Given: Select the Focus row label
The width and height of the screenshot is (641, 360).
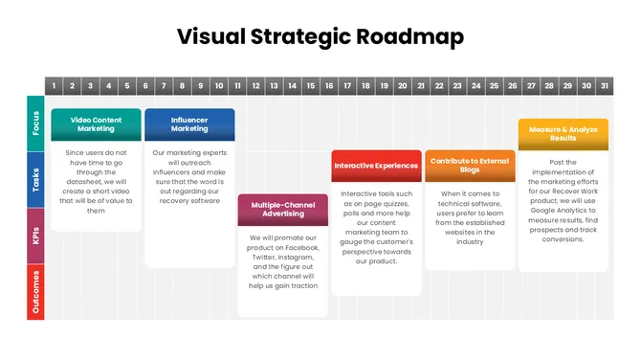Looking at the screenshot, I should [x=35, y=124].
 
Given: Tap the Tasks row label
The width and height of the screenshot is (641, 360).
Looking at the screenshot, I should [x=35, y=180].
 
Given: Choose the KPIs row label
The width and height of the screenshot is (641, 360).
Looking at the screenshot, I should [x=35, y=236].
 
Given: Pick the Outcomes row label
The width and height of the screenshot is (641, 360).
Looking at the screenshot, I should [x=35, y=292].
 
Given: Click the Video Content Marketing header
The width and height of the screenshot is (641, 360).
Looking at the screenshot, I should [x=96, y=124].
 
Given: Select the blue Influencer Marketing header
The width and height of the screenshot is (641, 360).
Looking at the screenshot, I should [x=189, y=124].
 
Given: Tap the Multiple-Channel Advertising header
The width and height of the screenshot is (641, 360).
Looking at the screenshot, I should [x=283, y=210].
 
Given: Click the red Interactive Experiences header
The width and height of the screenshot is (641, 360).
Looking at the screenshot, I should [x=376, y=166].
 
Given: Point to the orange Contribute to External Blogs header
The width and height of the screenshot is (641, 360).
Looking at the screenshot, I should [x=470, y=166].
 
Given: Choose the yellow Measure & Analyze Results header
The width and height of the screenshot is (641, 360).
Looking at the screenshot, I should [x=563, y=133].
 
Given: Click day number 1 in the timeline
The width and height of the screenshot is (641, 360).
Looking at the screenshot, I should [x=54, y=86].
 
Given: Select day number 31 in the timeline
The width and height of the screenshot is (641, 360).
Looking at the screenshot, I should [x=604, y=86].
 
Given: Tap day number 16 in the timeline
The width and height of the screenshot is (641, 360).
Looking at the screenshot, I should [x=329, y=86].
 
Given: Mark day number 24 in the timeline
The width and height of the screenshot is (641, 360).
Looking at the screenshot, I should [x=475, y=86].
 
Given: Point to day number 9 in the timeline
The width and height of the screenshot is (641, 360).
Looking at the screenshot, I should [x=201, y=86].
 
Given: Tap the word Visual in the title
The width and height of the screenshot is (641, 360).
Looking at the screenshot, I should [x=211, y=37].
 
